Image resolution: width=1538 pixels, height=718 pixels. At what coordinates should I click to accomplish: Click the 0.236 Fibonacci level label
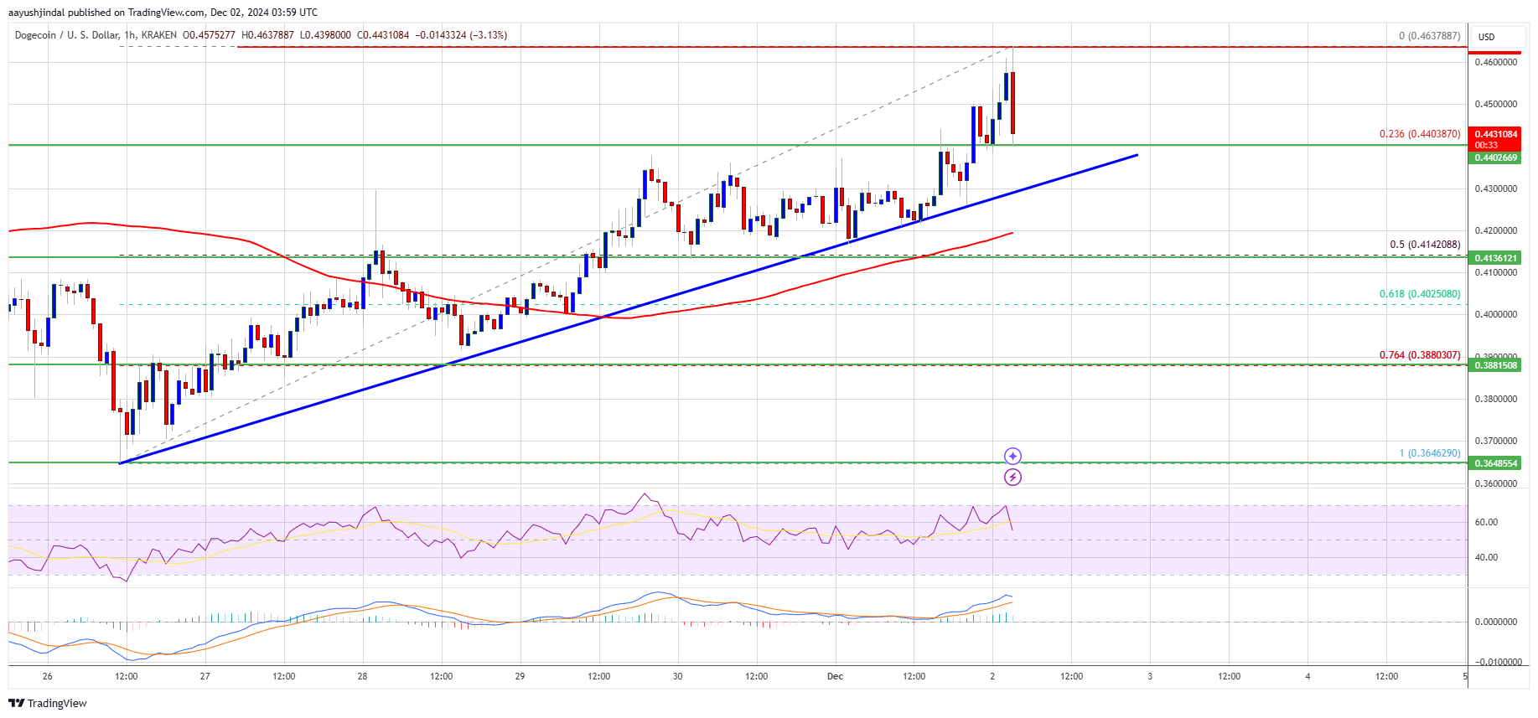pos(1419,134)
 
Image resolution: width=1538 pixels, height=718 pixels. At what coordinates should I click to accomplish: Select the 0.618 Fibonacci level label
pos(1419,294)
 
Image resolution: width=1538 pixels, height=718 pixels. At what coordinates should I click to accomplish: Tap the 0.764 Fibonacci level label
pos(1419,355)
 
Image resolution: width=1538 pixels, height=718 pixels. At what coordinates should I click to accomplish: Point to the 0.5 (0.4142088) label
pos(1424,245)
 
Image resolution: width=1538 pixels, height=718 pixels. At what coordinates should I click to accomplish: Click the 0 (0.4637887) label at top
pos(1429,36)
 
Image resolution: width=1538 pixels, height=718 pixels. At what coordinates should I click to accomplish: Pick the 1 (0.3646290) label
pos(1429,453)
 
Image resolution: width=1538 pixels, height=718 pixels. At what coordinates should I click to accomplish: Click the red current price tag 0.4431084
pos(1495,134)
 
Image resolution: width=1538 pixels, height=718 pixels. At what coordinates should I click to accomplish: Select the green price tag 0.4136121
pos(1495,258)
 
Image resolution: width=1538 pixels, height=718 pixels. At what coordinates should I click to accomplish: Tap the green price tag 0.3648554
pos(1495,463)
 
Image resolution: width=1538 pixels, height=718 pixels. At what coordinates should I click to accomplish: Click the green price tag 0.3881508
pos(1495,365)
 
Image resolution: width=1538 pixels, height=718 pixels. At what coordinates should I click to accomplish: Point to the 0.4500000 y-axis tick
pos(1495,105)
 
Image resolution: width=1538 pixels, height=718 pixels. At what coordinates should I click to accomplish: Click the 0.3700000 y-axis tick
pos(1495,441)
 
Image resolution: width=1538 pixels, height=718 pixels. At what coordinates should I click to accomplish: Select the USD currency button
pos(1486,37)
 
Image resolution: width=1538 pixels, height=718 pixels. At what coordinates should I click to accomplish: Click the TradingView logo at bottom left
pos(48,703)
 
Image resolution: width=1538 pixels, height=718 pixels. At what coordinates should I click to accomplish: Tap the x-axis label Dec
pos(835,676)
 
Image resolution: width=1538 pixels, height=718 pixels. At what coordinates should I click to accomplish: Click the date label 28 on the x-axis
pos(362,676)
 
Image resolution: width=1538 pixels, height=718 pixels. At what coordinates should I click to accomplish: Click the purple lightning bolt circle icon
pos(1012,478)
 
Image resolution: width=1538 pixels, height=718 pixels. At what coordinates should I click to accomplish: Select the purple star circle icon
pos(1012,456)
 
